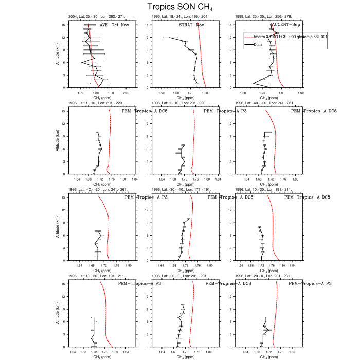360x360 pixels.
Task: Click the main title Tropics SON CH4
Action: (179, 7)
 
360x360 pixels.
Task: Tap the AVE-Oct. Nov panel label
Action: (114, 25)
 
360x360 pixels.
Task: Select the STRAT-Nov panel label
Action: (190, 25)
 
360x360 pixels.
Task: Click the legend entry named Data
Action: (258, 45)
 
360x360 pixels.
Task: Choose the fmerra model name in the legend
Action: (288, 38)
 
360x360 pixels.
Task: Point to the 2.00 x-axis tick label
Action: (127, 93)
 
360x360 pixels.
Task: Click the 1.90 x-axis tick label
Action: (111, 93)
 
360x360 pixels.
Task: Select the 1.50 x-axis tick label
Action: (161, 93)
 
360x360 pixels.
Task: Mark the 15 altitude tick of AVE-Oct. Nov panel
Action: (77, 25)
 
